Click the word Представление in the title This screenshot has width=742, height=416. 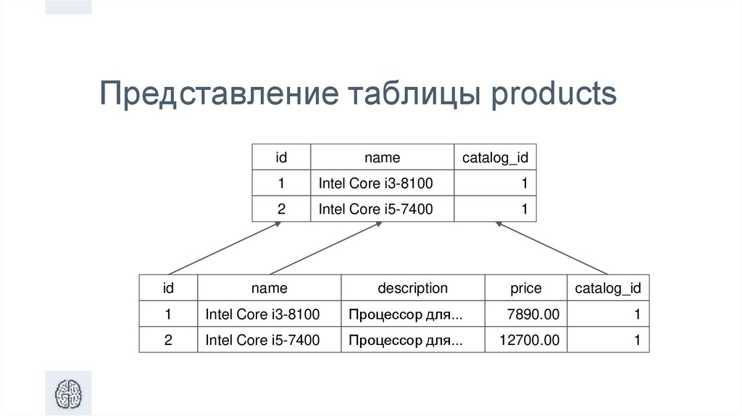218,95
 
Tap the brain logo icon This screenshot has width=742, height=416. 69,394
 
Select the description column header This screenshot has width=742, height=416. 412,288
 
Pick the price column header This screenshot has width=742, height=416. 525,288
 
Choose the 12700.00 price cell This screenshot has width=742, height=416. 530,340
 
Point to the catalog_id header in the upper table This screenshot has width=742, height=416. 495,157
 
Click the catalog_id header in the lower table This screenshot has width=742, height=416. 608,288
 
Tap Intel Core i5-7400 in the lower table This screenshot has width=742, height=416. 262,340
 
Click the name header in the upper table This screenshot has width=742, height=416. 382,157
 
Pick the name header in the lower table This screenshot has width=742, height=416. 269,288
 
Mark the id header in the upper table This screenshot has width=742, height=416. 281,157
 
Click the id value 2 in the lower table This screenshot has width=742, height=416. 168,340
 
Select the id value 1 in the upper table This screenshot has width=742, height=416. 281,183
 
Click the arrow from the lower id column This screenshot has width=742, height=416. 225,248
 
